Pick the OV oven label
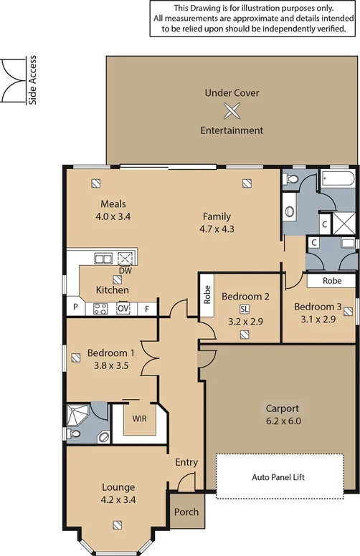point(123,309)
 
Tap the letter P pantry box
point(75,309)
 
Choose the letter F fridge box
point(147,309)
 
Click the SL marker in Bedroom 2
point(245,309)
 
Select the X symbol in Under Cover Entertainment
point(231,111)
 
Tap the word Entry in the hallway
point(186,463)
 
